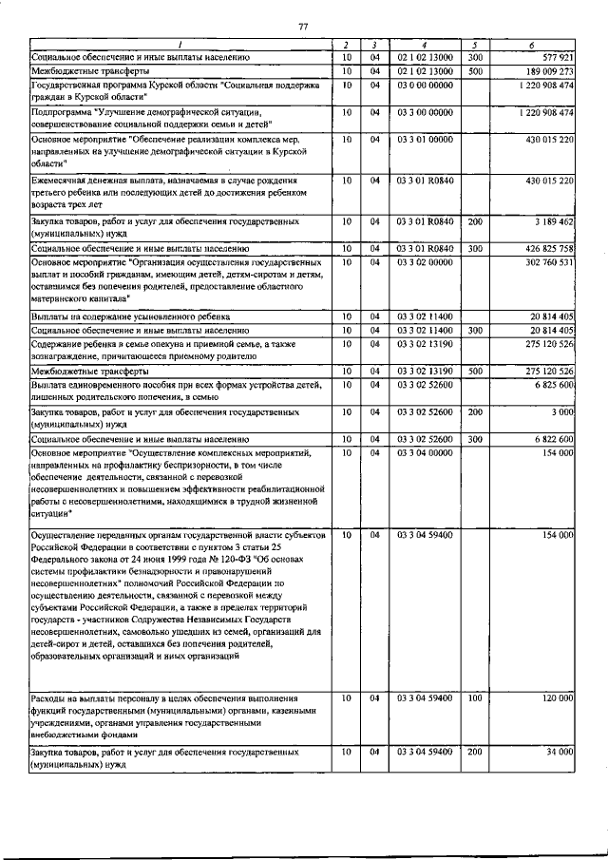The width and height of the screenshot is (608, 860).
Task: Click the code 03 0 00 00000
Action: pos(426,86)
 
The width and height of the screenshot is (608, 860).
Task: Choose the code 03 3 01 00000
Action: pos(426,140)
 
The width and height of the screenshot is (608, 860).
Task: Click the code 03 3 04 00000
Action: pos(426,454)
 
